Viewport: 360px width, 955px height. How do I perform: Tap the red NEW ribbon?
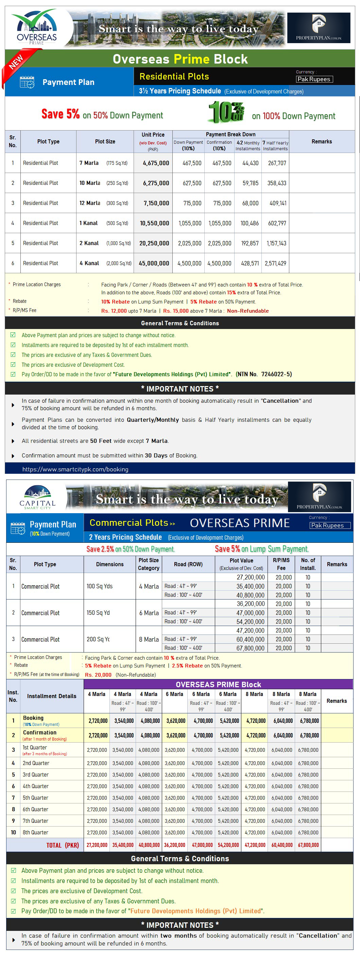point(16,62)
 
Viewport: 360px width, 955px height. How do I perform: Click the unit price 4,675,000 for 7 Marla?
point(156,163)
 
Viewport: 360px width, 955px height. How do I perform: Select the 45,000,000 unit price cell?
point(154,263)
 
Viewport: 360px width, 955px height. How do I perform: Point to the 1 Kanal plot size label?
point(89,223)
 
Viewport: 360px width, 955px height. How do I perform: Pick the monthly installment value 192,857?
point(250,243)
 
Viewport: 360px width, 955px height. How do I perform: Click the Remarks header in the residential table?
point(322,142)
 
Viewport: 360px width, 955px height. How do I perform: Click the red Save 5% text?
point(61,114)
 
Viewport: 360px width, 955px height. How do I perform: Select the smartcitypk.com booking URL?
point(75,469)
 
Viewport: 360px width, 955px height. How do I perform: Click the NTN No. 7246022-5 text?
point(263,374)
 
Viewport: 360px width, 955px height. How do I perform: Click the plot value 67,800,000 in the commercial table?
point(250,648)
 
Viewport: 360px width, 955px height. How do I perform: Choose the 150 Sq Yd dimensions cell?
point(98,612)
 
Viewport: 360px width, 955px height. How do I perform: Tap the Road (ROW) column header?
point(188,564)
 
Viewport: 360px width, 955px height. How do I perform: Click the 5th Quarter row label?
point(36,797)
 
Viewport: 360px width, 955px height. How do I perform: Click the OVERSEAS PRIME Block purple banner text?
point(218,684)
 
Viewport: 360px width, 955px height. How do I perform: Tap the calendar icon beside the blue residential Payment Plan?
point(27,82)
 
